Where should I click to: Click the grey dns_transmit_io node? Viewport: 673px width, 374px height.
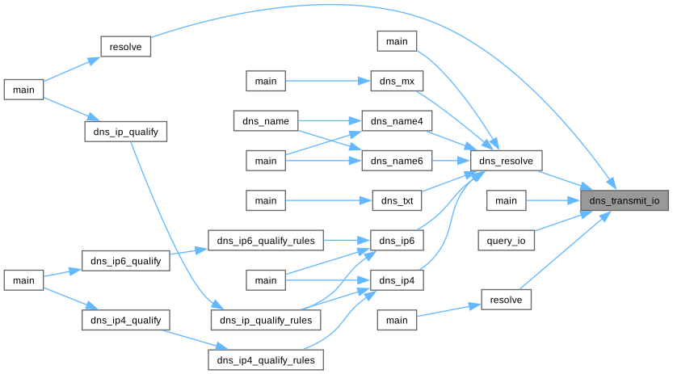(625, 200)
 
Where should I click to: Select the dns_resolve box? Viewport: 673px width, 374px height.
(506, 161)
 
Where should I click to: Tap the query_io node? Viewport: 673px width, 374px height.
(507, 240)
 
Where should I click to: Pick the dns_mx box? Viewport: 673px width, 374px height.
(397, 82)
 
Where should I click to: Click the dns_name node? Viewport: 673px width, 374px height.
(266, 121)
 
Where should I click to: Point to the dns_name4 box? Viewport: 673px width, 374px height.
(397, 121)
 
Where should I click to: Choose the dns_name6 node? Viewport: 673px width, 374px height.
(397, 161)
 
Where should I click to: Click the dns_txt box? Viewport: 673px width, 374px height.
(397, 200)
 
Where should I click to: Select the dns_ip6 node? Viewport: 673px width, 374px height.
(397, 240)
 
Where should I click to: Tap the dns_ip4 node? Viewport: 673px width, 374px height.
(397, 279)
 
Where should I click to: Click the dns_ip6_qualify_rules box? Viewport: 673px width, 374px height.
(266, 240)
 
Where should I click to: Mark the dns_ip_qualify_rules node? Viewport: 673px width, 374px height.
(266, 319)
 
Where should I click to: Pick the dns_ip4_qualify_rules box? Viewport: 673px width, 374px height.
(266, 359)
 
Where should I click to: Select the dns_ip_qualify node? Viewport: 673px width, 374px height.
(126, 131)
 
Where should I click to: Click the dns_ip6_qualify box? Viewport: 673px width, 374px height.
(126, 260)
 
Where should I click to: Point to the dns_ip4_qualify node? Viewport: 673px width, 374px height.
(126, 320)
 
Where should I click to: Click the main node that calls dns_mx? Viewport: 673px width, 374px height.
(266, 82)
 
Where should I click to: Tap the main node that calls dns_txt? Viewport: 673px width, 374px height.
(266, 200)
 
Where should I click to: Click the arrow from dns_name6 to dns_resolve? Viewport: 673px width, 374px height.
(451, 161)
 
